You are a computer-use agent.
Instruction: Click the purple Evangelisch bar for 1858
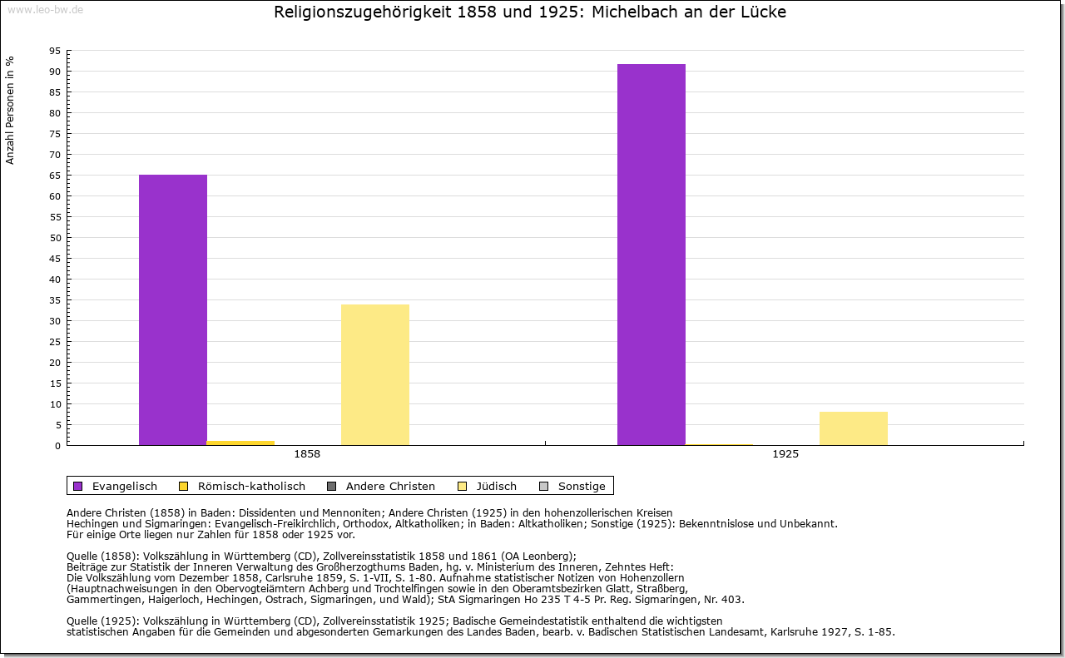pyautogui.click(x=172, y=309)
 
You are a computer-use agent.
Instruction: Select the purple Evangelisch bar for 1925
pyautogui.click(x=651, y=255)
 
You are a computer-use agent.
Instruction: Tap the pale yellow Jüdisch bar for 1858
pyautogui.click(x=374, y=374)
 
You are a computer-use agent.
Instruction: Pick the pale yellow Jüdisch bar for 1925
pyautogui.click(x=853, y=428)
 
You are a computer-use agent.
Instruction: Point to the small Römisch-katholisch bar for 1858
pyautogui.click(x=240, y=443)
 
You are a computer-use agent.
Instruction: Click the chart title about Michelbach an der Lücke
pyautogui.click(x=530, y=12)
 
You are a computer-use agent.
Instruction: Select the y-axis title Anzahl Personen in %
pyautogui.click(x=10, y=111)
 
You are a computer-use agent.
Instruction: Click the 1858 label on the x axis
pyautogui.click(x=307, y=455)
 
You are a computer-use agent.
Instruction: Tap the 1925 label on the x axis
pyautogui.click(x=785, y=455)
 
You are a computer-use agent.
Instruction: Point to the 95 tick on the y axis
pyautogui.click(x=55, y=51)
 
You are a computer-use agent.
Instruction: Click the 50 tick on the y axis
pyautogui.click(x=55, y=238)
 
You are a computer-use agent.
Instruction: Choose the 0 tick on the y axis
pyautogui.click(x=57, y=446)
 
